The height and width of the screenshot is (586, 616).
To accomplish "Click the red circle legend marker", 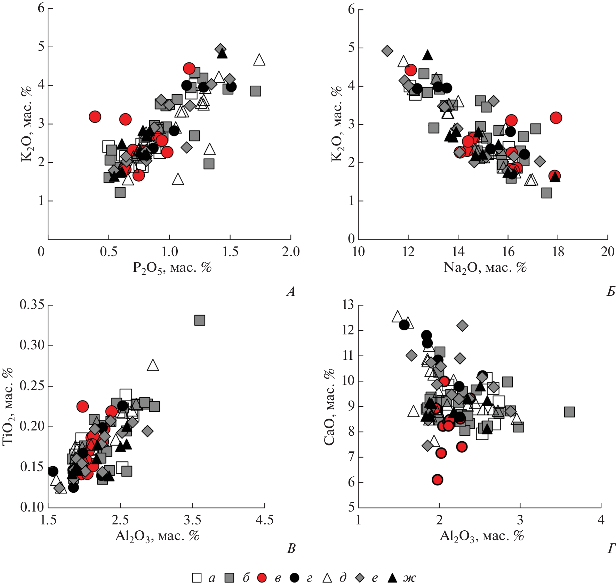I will pos(262,578).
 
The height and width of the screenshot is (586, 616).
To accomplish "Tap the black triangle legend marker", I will pos(392,578).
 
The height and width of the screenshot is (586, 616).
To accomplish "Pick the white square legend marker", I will pos(197,578).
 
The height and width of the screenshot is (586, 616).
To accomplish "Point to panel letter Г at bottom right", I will pos(611,549).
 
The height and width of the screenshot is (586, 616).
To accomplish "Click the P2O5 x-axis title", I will pos(172,268).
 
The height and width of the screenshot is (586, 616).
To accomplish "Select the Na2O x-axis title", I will pos(485,268).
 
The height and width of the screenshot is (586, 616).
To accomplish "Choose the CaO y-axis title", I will pos(329,407).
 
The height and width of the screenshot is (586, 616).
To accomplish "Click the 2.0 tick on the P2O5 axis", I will pos(291,252).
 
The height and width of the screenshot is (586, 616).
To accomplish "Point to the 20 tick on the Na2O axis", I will pos(608,252).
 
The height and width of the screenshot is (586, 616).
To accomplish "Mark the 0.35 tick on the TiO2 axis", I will pos(32,305).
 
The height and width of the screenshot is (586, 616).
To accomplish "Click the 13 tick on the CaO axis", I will pos(348,305).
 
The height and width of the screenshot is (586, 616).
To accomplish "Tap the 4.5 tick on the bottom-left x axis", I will pos(264,520).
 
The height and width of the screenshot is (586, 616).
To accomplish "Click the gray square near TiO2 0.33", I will pos(200,320).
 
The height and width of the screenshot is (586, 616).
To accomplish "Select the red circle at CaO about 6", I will pos(438,480).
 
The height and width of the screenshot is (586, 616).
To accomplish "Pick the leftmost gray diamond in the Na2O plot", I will pos(387,51).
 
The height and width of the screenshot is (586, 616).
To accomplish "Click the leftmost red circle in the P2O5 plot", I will pos(95,117).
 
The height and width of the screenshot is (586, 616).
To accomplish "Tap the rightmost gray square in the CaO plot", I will pos(569,412).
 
